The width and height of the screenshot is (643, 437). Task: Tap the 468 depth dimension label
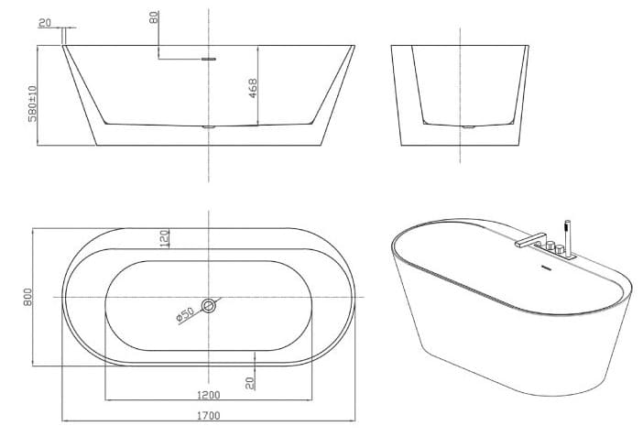[253, 88]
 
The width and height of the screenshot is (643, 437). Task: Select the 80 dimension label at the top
[154, 16]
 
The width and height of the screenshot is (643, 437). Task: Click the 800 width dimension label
[29, 296]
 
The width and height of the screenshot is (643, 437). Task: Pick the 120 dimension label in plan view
[165, 238]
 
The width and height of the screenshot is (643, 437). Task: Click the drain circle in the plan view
[210, 306]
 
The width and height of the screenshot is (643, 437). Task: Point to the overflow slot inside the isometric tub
[546, 268]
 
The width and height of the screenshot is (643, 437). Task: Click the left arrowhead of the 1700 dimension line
[64, 421]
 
